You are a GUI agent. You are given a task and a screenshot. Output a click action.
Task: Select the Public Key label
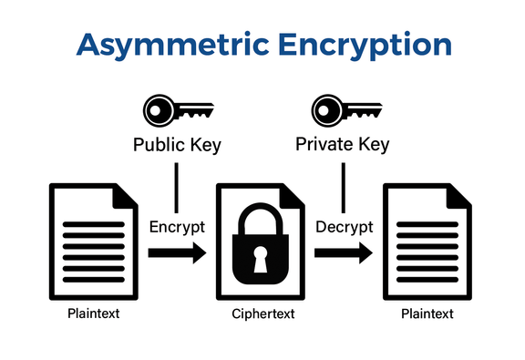[177, 144]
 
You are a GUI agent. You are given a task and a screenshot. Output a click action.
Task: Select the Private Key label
[344, 144]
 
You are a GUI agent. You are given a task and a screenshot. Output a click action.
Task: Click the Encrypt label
[177, 226]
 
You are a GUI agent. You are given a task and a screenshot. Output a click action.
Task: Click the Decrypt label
[344, 226]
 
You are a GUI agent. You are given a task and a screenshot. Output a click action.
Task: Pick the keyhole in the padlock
[261, 262]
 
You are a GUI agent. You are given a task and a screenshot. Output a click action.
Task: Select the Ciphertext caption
[261, 314]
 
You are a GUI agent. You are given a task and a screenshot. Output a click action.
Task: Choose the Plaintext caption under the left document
[93, 314]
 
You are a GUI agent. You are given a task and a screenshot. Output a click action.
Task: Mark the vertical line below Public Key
[177, 187]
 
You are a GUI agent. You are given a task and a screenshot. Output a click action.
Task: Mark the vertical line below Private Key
[344, 187]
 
